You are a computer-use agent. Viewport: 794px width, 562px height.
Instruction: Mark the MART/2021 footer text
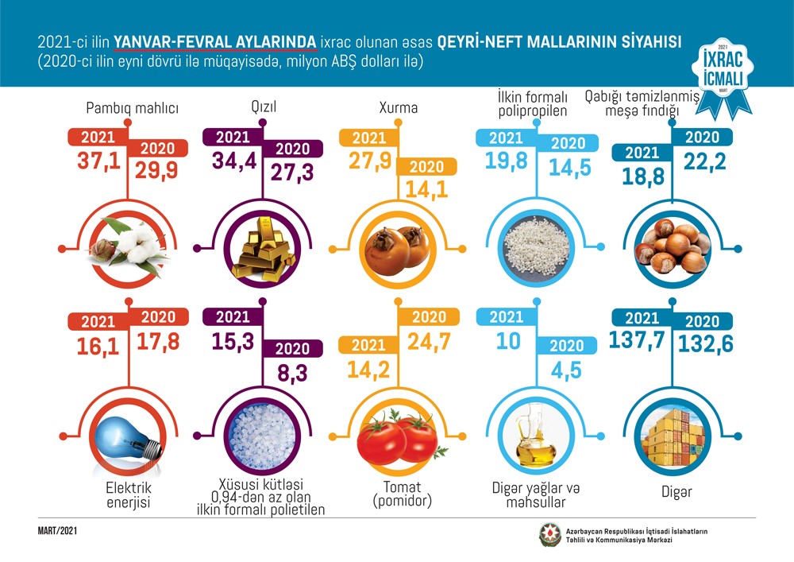click(57, 530)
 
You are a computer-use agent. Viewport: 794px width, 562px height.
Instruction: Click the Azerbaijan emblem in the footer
click(549, 535)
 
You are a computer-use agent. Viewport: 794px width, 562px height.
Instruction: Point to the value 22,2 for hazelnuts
click(700, 163)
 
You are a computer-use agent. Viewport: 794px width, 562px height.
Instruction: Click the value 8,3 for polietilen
click(294, 373)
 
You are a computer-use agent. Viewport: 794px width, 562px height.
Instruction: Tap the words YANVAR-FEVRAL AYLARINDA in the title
click(216, 41)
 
